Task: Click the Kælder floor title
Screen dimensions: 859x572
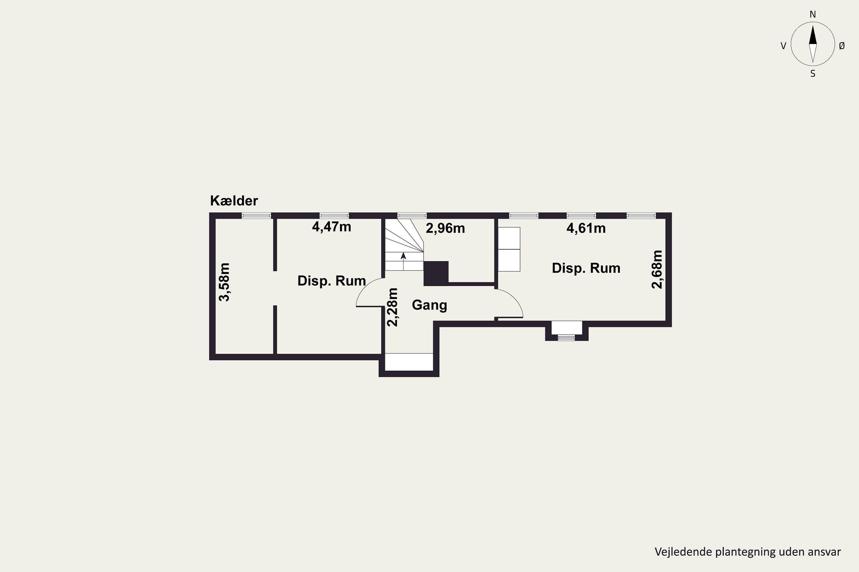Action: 234,201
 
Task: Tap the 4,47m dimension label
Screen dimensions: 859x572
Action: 331,227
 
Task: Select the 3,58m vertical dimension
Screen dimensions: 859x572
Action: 224,282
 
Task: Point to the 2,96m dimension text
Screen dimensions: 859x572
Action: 445,228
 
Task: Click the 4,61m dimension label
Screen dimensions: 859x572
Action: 586,228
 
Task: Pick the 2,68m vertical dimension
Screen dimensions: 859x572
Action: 657,269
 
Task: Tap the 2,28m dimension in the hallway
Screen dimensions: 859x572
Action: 392,307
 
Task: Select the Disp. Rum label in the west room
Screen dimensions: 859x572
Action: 332,281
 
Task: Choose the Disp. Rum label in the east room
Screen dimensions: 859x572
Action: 586,268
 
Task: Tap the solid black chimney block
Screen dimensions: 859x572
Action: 436,273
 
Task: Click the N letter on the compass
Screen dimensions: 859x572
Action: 813,14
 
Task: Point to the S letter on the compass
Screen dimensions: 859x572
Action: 813,74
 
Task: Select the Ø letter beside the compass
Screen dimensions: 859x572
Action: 842,46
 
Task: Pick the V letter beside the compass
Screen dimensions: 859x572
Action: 783,46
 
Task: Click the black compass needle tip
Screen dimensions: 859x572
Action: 813,25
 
